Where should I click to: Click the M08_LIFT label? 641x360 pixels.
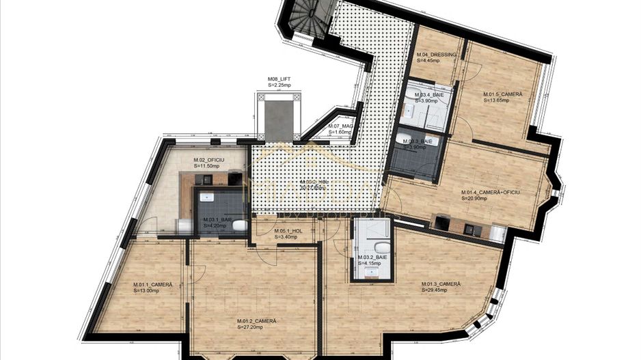click(x=279, y=79)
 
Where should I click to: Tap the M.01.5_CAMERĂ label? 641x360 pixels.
click(x=503, y=94)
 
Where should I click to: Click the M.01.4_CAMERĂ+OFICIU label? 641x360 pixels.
click(x=491, y=192)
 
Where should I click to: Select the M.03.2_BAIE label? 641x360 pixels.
click(x=372, y=257)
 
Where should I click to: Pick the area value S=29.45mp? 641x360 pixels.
click(x=434, y=290)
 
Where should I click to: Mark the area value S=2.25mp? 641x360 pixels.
click(x=279, y=85)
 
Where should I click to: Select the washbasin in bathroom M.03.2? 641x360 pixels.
click(x=372, y=273)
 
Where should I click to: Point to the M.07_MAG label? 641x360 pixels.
click(x=340, y=126)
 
